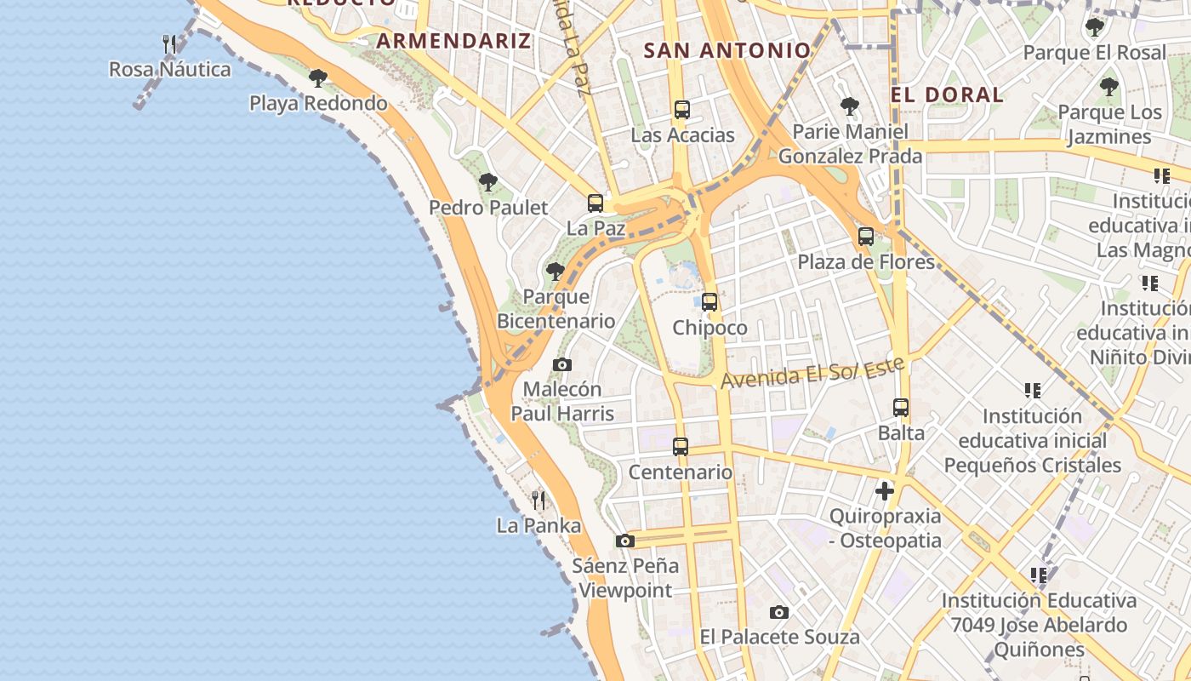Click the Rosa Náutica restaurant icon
tap(169, 43)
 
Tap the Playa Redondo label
tap(318, 103)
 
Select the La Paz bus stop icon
tap(595, 203)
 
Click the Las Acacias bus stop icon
tap(681, 109)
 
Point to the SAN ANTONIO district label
tap(727, 50)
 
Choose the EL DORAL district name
tap(947, 94)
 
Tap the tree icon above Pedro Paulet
tap(487, 181)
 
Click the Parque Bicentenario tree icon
tap(556, 272)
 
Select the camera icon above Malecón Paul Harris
tap(561, 364)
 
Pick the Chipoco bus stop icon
tap(709, 301)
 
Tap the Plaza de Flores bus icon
tap(866, 237)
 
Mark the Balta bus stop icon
tap(901, 407)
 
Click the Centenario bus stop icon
tap(681, 446)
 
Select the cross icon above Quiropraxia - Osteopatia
tap(885, 490)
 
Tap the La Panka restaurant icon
tap(538, 500)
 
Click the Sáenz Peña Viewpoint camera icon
tap(625, 541)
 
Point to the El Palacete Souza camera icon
tap(778, 612)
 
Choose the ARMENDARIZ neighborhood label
tap(453, 40)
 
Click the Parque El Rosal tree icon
tap(1094, 27)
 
